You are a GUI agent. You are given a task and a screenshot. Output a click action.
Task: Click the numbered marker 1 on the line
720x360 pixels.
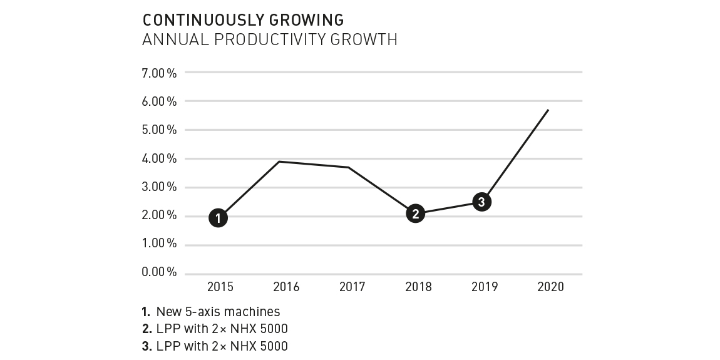(218, 219)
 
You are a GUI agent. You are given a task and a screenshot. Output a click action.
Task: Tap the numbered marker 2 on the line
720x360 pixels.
(415, 213)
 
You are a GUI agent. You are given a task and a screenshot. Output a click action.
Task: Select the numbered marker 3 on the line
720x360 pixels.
(481, 202)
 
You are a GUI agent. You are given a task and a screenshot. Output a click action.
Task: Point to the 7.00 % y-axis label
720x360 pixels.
(160, 73)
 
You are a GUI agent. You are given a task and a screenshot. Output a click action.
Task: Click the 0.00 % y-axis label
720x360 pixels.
(160, 272)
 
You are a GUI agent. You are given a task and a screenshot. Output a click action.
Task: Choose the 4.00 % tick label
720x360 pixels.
(160, 158)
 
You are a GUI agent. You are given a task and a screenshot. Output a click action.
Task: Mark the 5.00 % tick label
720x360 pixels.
(160, 130)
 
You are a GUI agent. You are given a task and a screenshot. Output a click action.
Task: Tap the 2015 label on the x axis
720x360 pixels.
(220, 287)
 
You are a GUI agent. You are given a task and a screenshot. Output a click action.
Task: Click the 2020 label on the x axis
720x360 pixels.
(551, 287)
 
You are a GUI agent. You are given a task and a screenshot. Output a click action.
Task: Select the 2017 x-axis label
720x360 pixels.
(352, 287)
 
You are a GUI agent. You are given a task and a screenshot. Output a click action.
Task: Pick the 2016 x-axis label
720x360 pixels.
(286, 287)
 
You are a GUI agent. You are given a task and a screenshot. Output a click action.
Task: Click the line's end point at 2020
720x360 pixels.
(548, 110)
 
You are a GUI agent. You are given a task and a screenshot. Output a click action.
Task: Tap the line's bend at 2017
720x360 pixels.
(349, 167)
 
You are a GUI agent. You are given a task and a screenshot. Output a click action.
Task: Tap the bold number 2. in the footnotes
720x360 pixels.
(147, 329)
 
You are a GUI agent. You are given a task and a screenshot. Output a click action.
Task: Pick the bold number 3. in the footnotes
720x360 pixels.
(147, 346)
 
